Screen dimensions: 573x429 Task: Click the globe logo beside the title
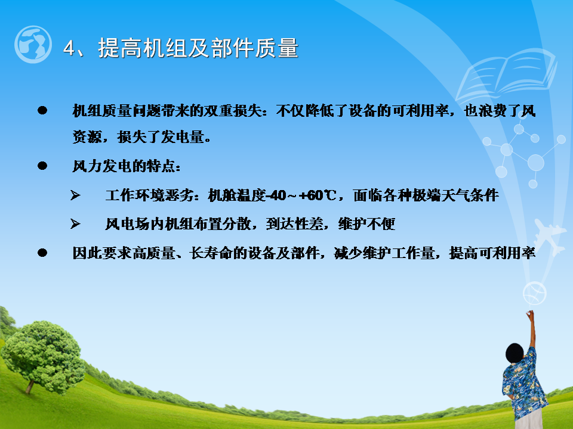click(x=33, y=44)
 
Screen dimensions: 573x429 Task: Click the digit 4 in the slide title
click(x=69, y=48)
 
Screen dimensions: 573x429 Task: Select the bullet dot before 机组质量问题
click(x=42, y=110)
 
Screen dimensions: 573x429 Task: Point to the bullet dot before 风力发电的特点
click(x=42, y=166)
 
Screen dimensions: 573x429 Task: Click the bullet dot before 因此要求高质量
click(x=42, y=253)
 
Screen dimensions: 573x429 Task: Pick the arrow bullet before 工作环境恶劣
click(x=75, y=195)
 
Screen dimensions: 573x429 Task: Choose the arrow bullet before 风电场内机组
click(x=75, y=223)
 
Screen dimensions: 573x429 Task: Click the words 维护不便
click(x=366, y=223)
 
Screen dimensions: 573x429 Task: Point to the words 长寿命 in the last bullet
click(x=211, y=253)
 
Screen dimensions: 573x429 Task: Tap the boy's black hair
click(x=515, y=353)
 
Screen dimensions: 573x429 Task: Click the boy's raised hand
click(x=529, y=315)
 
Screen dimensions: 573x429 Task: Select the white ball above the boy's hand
click(x=535, y=293)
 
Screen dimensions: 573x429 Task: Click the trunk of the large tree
click(x=30, y=386)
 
